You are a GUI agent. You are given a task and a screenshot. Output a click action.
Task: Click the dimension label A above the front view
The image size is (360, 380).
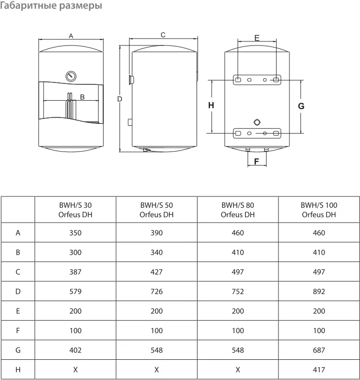71,36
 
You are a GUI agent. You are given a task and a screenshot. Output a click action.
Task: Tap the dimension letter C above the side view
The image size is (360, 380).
163,35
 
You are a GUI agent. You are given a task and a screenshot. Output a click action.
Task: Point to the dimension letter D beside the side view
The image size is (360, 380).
120,99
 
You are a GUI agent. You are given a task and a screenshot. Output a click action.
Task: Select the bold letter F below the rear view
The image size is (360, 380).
256,161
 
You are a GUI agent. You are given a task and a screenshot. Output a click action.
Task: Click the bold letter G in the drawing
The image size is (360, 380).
301,106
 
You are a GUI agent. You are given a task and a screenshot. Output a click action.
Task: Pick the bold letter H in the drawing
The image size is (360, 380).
211,105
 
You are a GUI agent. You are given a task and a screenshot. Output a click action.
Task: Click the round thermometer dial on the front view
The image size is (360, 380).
71,76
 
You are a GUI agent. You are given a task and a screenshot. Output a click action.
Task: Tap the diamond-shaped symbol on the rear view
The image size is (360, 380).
257,122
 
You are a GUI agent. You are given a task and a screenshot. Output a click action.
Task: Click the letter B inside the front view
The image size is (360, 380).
82,97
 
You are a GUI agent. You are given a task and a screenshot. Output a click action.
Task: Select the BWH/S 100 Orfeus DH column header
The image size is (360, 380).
319,210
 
